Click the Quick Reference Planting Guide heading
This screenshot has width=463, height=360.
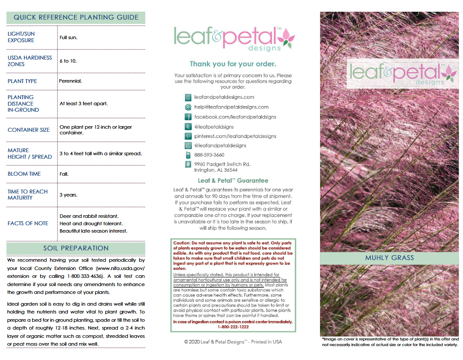[x=76, y=17]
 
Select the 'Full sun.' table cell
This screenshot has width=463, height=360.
[x=68, y=37]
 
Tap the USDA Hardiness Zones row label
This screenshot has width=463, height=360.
[x=30, y=61]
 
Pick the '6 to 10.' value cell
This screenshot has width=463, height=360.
[x=68, y=61]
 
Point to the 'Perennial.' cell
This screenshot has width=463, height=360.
[x=70, y=81]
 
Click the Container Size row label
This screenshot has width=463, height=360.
[x=29, y=130]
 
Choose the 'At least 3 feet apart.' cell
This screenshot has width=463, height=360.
[x=83, y=103]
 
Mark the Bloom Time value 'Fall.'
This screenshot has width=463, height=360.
[x=64, y=174]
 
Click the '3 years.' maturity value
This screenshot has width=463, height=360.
[x=68, y=195]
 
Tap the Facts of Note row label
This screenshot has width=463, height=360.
[x=28, y=223]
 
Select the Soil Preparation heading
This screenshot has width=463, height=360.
[x=76, y=248]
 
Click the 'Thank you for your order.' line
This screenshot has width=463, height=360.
[x=233, y=64]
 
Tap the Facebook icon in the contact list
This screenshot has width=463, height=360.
[x=188, y=117]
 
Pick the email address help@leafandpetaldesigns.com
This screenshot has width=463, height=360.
[x=231, y=107]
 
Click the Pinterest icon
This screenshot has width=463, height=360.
[x=188, y=136]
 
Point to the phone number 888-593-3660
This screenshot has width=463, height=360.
[x=209, y=155]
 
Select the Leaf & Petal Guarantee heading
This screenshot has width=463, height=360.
[x=233, y=180]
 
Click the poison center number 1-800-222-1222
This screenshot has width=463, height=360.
[x=233, y=327]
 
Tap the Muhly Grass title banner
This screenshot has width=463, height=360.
[x=389, y=258]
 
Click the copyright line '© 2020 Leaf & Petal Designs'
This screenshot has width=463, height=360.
[x=233, y=342]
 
